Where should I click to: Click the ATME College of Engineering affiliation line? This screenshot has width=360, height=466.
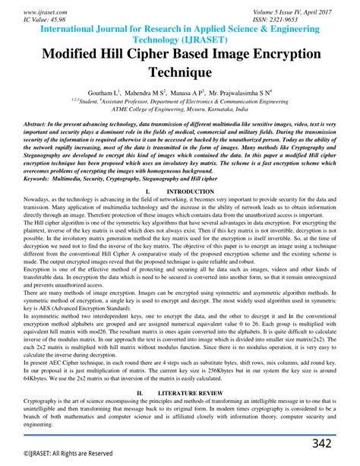(180, 108)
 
